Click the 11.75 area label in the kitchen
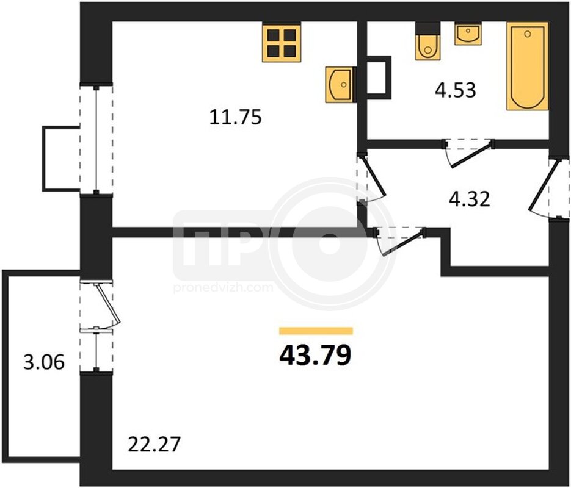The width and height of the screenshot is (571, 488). point(235,118)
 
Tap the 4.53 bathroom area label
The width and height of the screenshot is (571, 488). point(455,90)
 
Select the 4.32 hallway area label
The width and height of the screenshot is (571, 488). point(470,199)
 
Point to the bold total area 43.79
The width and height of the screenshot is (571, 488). point(315,355)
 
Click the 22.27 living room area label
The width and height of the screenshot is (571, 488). point(155,444)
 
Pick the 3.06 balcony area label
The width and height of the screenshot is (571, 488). point(44,362)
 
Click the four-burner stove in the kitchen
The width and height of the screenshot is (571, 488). point(282,41)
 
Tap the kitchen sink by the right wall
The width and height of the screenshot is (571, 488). point(340,84)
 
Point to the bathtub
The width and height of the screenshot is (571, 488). point(528,66)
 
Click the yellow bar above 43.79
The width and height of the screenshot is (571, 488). point(316,331)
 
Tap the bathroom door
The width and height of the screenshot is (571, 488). point(468,152)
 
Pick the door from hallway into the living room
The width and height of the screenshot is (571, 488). point(400,240)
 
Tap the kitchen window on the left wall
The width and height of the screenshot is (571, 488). point(96,139)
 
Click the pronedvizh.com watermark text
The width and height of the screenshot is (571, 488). point(224,288)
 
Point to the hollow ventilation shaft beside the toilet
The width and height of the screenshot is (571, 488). point(379,77)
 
